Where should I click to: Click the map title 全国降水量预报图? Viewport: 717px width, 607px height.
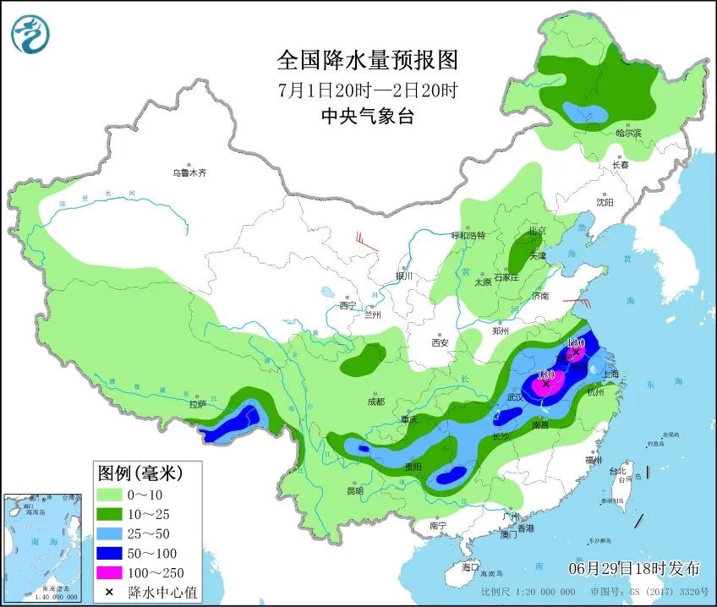367,61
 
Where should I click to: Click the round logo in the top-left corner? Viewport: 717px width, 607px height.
30,33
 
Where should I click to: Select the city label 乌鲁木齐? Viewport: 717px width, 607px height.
189,172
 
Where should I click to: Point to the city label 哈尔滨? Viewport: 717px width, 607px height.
628,133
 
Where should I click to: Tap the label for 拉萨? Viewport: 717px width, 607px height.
198,404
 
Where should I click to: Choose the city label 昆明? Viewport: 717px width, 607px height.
354,490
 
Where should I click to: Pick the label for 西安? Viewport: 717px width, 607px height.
439,342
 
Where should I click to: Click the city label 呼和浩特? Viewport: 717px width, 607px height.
468,236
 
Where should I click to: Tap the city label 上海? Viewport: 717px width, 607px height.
610,374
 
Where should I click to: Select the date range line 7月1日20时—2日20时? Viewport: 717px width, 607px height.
367,90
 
